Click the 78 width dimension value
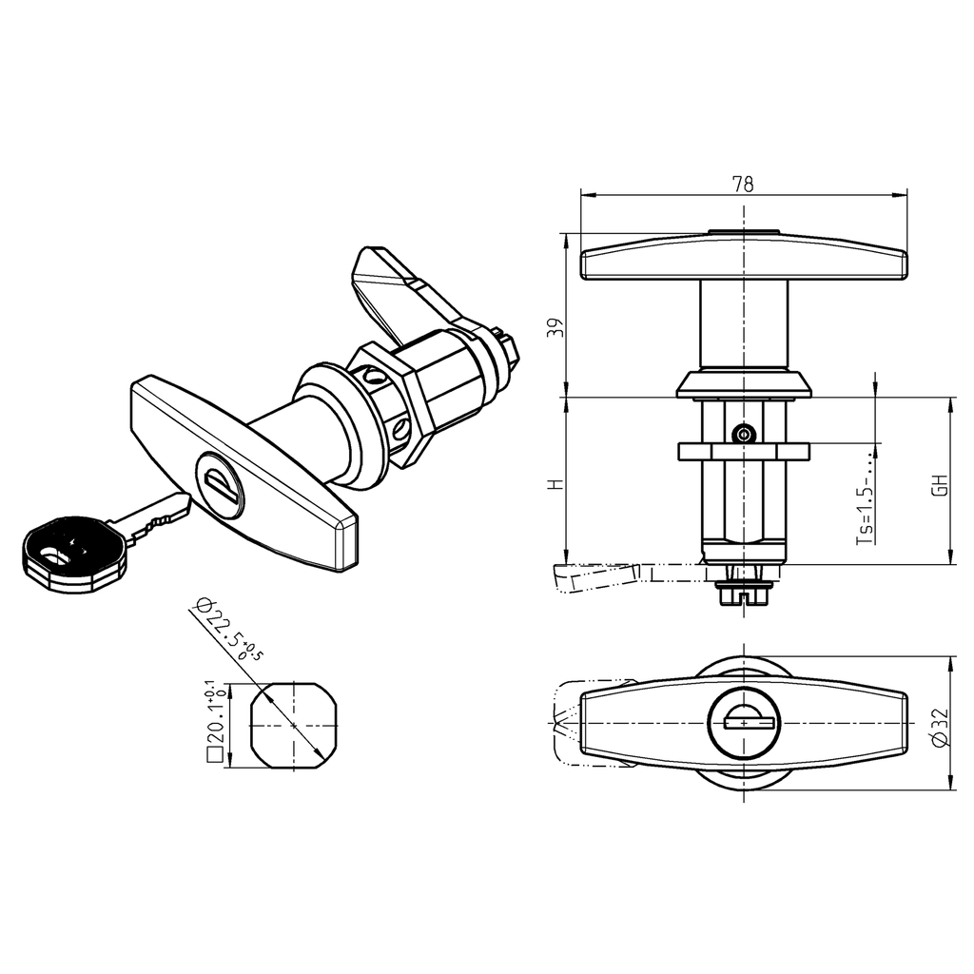tap(743, 185)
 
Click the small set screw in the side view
tap(744, 435)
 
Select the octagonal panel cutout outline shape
tap(294, 724)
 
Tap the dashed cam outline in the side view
tap(599, 576)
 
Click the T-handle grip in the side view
tap(743, 259)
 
